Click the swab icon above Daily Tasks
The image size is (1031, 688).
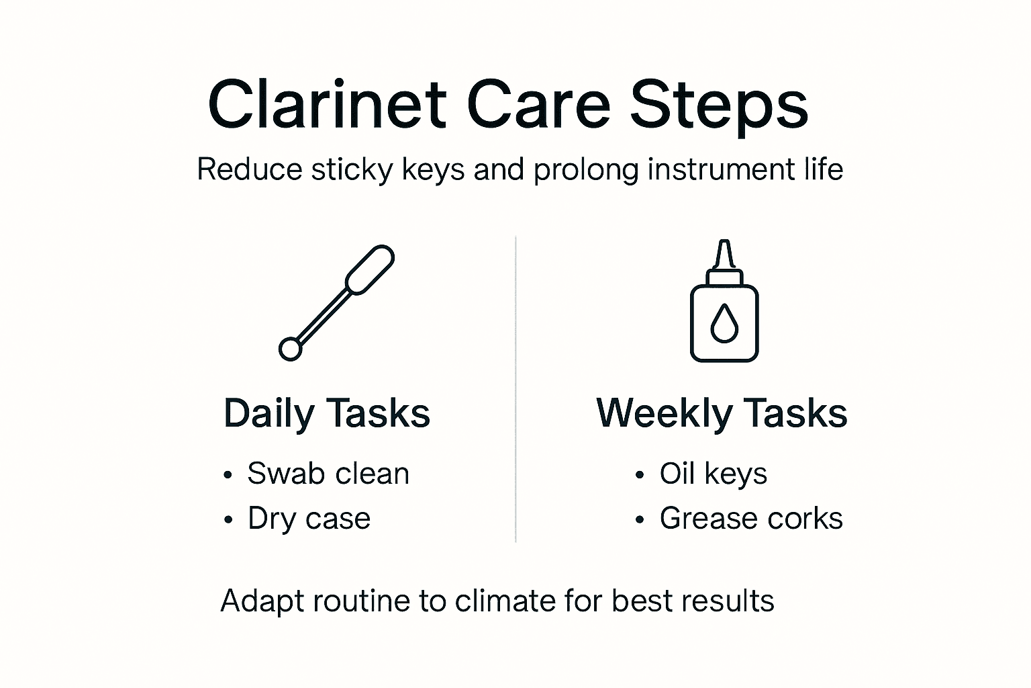click(336, 302)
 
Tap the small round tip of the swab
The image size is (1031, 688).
click(290, 349)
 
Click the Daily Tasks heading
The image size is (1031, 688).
click(327, 413)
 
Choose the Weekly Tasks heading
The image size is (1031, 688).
click(722, 413)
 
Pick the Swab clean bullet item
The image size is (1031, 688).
click(328, 474)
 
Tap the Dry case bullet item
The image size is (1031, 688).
click(309, 519)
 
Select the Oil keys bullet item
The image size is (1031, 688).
click(713, 474)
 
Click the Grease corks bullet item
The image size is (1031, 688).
click(750, 519)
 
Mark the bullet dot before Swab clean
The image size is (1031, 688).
click(228, 476)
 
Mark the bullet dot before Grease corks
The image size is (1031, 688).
click(640, 520)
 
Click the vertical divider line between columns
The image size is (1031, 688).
click(515, 390)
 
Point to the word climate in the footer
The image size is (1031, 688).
click(505, 601)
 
